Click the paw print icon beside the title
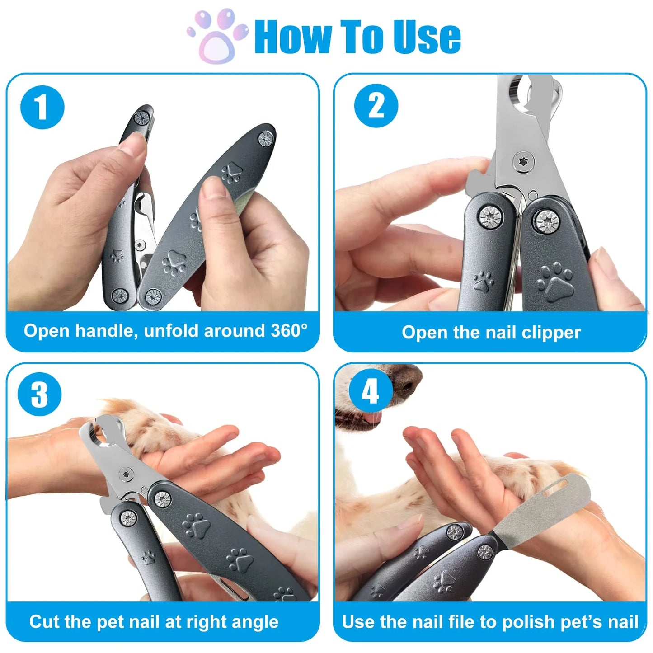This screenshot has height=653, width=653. click(x=218, y=36)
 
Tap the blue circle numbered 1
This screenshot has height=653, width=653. click(x=42, y=108)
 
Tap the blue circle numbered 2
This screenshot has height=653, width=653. click(x=376, y=106)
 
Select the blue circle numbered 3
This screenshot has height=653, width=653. click(x=39, y=394)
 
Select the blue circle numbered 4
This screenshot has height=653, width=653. click(x=370, y=390)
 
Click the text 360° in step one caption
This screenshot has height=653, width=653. click(x=289, y=331)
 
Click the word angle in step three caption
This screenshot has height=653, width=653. click(x=255, y=622)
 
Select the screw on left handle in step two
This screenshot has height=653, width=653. click(x=489, y=216)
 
